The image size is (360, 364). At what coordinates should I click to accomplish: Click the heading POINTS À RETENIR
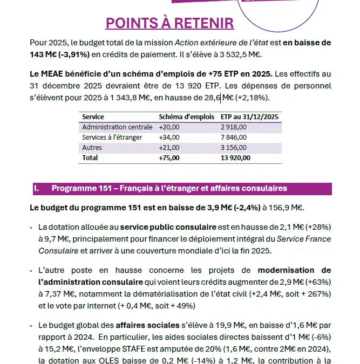(x=170, y=23)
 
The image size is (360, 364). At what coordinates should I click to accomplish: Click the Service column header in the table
(x=93, y=116)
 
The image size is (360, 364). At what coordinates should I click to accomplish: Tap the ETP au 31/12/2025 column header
(x=249, y=116)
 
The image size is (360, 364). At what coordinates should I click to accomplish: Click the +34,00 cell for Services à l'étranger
(x=169, y=137)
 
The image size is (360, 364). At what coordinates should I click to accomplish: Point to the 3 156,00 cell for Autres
(x=234, y=147)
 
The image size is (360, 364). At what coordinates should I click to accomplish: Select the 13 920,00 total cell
(x=236, y=157)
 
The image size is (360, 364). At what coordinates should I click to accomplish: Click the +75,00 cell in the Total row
(x=169, y=157)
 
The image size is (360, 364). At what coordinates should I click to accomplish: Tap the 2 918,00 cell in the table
(x=234, y=127)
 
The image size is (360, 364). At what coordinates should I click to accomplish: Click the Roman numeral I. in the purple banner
(x=36, y=188)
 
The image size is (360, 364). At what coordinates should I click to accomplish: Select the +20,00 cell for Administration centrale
(x=169, y=127)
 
